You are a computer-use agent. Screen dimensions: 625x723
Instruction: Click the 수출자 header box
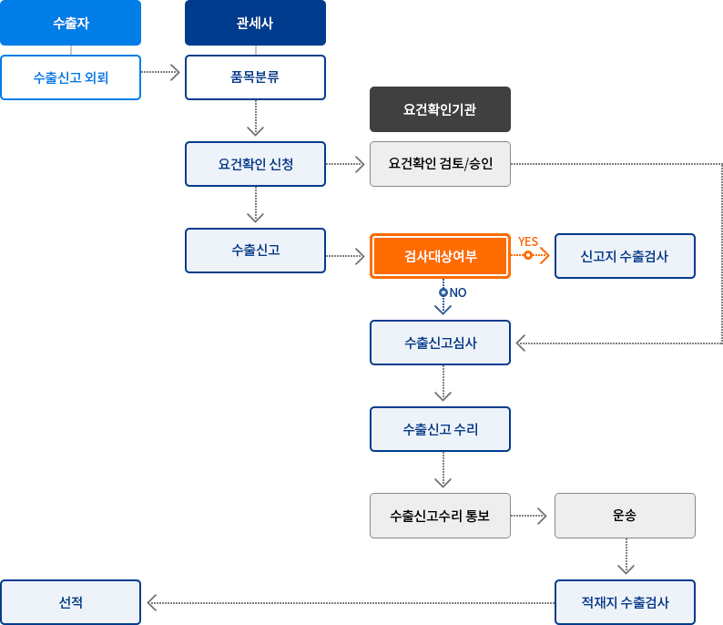pos(71,23)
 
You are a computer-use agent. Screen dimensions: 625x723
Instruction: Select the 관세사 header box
pos(255,23)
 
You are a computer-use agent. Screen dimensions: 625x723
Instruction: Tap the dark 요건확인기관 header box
pos(440,109)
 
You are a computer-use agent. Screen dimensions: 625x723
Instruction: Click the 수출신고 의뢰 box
pos(71,77)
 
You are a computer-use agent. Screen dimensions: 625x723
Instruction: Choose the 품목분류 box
pos(255,77)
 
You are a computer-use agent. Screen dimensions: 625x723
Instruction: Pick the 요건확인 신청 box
pos(255,164)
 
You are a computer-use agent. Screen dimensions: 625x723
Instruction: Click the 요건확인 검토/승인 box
pos(440,164)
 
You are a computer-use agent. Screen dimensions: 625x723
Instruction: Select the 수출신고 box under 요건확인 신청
pos(255,251)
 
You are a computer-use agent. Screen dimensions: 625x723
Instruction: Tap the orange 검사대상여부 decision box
pos(440,256)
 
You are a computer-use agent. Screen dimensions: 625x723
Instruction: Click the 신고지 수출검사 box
pos(625,256)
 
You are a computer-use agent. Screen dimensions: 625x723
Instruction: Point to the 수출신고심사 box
pos(440,343)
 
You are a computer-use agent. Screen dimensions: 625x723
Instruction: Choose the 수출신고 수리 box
pos(440,429)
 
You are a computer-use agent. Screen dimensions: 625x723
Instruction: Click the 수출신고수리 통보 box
pos(440,516)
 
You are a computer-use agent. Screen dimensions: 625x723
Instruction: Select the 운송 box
pos(625,516)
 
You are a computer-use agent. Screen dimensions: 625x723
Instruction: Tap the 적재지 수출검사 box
pos(625,602)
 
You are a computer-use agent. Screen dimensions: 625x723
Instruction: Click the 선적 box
pos(71,602)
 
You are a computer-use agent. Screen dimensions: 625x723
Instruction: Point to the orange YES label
pos(528,241)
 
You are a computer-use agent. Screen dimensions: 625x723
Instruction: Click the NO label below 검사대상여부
pos(457,292)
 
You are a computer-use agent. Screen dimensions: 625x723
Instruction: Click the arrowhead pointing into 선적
pos(152,602)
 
